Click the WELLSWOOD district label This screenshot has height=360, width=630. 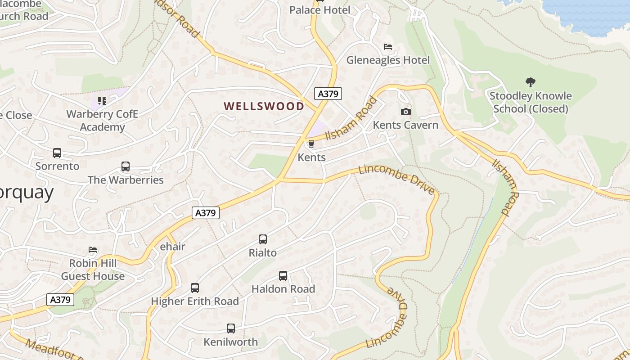(264, 106)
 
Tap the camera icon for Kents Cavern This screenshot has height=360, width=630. (405, 112)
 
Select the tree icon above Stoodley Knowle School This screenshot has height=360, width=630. (531, 82)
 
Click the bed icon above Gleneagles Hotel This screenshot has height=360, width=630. (387, 47)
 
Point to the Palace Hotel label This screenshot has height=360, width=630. (319, 10)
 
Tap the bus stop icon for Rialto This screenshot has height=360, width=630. (263, 239)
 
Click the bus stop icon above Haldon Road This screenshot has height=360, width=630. (283, 276)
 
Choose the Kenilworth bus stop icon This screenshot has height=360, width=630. (231, 328)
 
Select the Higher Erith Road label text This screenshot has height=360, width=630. (194, 301)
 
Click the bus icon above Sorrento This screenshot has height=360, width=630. (57, 153)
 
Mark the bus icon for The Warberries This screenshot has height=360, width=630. (126, 166)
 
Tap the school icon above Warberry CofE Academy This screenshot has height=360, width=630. (102, 100)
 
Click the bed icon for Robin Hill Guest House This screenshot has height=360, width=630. (93, 250)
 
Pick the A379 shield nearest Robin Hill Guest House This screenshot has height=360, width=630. (60, 300)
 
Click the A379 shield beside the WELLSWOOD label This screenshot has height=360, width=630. (328, 94)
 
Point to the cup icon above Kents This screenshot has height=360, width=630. (311, 144)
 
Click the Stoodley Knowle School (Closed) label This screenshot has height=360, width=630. (531, 103)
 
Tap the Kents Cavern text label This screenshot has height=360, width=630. (405, 125)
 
